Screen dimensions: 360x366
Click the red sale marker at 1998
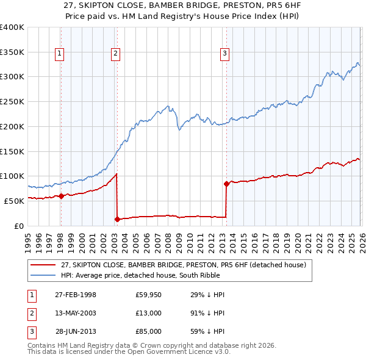tap(61, 196)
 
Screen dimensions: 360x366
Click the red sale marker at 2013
tap(226, 183)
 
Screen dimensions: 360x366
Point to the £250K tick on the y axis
tap(12, 101)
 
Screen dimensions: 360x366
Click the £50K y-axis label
tap(15, 201)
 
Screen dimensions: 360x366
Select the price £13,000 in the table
tap(149, 313)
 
